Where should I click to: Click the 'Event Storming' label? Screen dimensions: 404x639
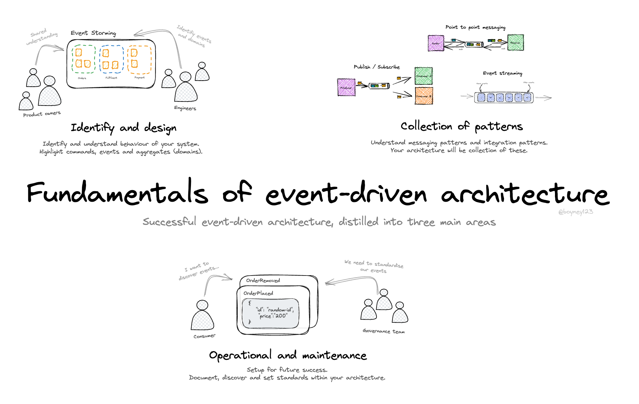[93, 33]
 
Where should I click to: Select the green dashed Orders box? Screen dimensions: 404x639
[83, 59]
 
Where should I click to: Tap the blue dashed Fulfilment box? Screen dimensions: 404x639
[111, 59]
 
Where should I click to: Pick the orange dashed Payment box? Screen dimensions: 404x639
[140, 60]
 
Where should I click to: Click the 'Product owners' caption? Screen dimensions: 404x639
[42, 114]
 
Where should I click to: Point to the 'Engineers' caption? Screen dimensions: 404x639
[185, 108]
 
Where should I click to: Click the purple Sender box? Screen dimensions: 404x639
[436, 43]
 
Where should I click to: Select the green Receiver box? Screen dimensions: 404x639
[515, 43]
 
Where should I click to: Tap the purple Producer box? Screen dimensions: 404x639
[346, 87]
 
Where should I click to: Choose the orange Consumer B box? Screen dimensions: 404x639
[424, 96]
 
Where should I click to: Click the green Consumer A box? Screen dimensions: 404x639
[423, 76]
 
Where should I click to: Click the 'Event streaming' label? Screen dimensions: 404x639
[502, 73]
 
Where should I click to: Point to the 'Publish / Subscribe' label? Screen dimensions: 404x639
[377, 67]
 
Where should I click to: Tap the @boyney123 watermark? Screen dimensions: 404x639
[575, 212]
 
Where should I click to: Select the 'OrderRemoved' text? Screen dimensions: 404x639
[263, 281]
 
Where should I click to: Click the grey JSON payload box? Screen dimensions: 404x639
[271, 313]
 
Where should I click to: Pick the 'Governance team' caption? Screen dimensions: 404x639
[384, 331]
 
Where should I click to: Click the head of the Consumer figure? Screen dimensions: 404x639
[202, 305]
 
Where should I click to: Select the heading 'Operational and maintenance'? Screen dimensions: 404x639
[287, 355]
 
